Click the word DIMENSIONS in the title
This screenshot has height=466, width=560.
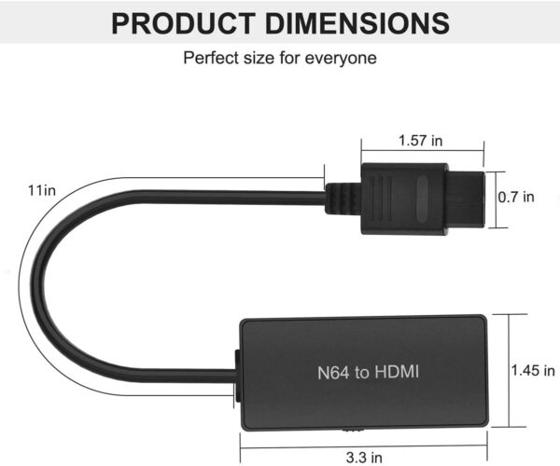[358, 22]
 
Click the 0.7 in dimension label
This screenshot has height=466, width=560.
[516, 197]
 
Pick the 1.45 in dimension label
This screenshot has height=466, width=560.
[531, 370]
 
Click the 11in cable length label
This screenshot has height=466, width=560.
[41, 191]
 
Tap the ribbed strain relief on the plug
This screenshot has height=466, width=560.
[343, 197]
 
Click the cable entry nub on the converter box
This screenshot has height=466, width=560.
[236, 376]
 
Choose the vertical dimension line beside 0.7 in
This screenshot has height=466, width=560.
[495, 199]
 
